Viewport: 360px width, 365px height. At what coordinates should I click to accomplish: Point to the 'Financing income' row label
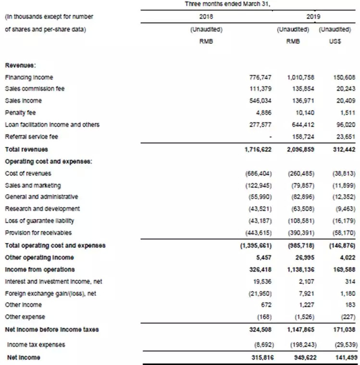click(x=29, y=77)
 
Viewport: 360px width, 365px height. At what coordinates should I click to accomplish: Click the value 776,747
click(x=260, y=77)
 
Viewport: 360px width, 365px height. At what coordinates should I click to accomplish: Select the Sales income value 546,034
click(x=260, y=101)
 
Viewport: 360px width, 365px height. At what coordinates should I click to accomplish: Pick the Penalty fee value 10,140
click(x=300, y=113)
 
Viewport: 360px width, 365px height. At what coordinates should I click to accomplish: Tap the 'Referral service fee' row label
click(x=31, y=136)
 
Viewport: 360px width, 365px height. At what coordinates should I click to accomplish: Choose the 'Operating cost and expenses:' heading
click(x=44, y=161)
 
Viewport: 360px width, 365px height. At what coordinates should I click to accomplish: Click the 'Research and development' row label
click(x=42, y=209)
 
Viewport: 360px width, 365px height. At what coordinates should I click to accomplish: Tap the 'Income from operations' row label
click(x=40, y=269)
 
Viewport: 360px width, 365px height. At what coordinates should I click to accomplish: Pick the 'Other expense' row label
click(x=25, y=317)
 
